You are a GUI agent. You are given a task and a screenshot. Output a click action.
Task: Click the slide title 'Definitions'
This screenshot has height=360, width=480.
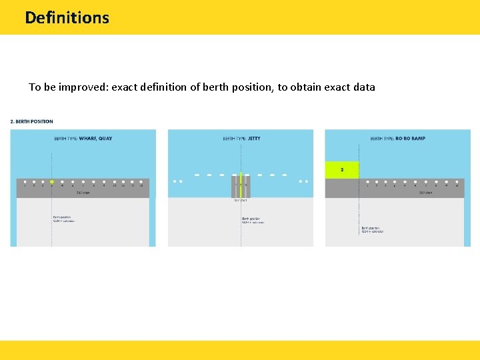(67, 17)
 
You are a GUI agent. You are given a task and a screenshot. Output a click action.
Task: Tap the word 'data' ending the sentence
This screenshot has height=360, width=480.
(363, 87)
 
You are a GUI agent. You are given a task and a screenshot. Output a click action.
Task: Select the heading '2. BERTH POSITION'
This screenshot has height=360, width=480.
(31, 121)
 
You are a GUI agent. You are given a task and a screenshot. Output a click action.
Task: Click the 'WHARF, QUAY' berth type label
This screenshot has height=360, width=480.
(96, 139)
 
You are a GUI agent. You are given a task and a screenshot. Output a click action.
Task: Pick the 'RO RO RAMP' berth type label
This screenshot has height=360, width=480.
(409, 139)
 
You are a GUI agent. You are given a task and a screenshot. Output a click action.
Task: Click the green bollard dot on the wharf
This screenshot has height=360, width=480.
(52, 181)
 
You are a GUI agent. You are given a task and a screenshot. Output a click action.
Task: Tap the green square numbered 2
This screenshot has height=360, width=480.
(342, 170)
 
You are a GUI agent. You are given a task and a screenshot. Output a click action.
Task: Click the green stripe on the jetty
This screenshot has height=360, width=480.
(241, 187)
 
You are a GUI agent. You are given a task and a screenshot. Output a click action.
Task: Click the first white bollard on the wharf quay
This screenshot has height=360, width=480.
(25, 181)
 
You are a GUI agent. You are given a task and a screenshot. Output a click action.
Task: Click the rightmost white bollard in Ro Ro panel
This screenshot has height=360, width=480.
(457, 181)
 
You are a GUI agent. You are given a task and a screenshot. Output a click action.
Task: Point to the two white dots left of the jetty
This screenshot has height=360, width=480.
(177, 181)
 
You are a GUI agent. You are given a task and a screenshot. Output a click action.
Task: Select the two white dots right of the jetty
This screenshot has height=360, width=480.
(304, 181)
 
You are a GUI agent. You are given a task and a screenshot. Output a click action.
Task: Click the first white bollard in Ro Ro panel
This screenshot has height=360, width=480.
(367, 181)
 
